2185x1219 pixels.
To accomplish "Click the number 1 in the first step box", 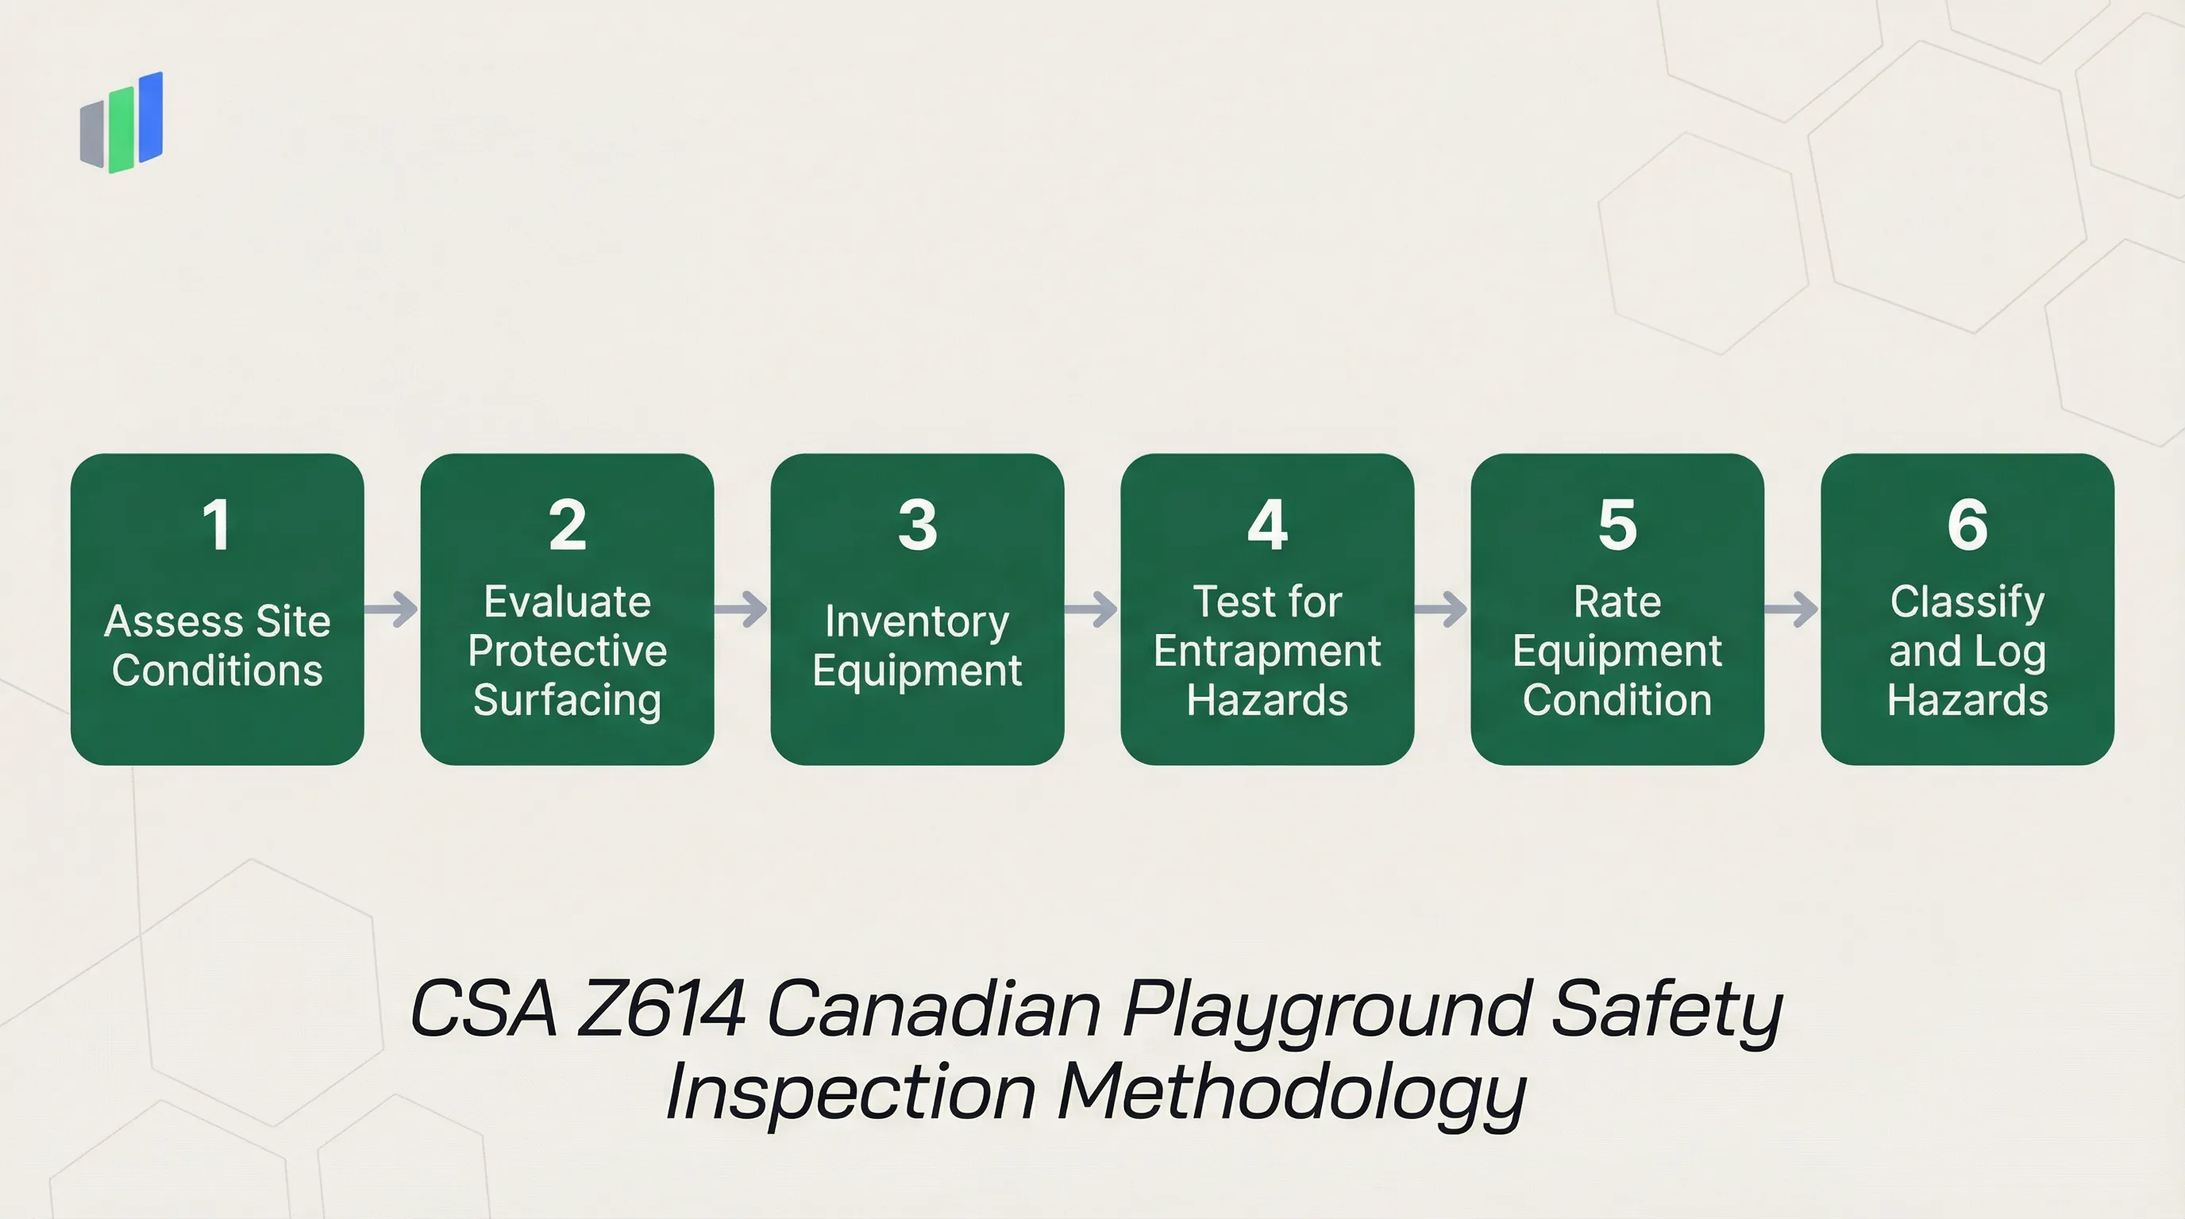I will (x=217, y=525).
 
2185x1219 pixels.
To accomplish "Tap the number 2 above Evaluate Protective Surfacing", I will (x=568, y=525).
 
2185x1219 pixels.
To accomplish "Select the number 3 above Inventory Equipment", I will (x=917, y=525).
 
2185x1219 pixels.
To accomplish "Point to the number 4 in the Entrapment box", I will (x=1267, y=525).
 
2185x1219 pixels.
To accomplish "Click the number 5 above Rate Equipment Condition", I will (x=1617, y=525).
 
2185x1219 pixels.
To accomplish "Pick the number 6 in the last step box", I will (x=1967, y=525).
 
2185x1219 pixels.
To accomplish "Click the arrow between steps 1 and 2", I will (x=392, y=609).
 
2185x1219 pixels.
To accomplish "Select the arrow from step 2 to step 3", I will (x=742, y=609).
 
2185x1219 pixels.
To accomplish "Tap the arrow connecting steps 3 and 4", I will (x=1092, y=609).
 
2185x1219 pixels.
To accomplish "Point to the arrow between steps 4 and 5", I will (x=1442, y=609).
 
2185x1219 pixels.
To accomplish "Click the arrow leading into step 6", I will (x=1791, y=609).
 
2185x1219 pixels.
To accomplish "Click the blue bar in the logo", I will (x=151, y=117).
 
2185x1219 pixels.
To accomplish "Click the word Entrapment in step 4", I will (x=1267, y=651).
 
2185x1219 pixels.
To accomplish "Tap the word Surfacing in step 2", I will (x=568, y=700).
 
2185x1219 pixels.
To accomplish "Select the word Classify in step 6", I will (x=1967, y=602).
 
